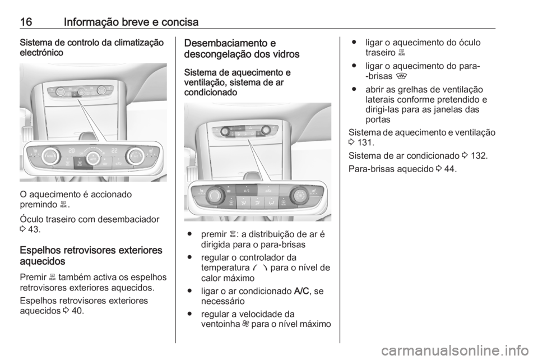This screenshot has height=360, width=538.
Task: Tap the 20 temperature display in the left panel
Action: tap(71, 151)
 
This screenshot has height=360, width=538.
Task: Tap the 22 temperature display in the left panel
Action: tap(114, 151)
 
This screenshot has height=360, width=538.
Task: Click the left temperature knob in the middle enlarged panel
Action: tap(215, 196)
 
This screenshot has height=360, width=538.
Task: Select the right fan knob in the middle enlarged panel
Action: tap(299, 196)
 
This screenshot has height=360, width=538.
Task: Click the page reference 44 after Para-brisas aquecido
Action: tap(448, 168)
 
